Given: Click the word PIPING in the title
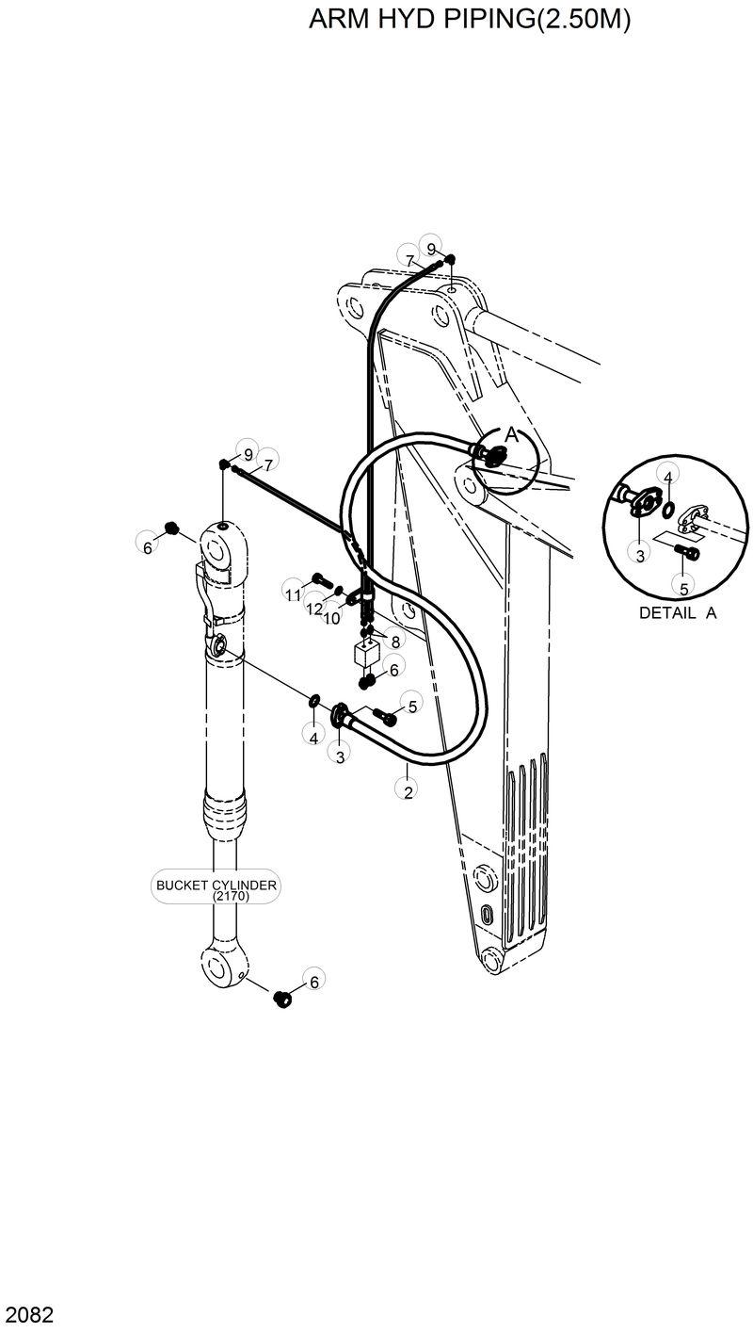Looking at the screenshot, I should pos(498,21).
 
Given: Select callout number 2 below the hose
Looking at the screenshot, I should pos(408,791).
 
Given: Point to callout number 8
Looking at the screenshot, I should pos(395,641).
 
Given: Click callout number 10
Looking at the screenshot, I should pos(331,619).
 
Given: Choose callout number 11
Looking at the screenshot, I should pos(293,593).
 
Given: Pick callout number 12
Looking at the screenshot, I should pos(313,609).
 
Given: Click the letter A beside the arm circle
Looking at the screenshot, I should pos(511,434).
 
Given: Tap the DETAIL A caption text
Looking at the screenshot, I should pos(678,612).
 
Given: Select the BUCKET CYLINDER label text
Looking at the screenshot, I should pos(216,886).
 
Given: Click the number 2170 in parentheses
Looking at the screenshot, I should pos(216,898).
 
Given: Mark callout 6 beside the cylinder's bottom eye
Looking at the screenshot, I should pos(313,982).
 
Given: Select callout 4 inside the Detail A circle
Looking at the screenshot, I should pos(666,478).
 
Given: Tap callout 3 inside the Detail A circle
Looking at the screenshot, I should pos(639,555).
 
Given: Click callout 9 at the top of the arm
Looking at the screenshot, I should pos(431,249).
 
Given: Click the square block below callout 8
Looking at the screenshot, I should pos(366,654).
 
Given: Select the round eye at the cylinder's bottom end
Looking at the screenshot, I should pos(224,965).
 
